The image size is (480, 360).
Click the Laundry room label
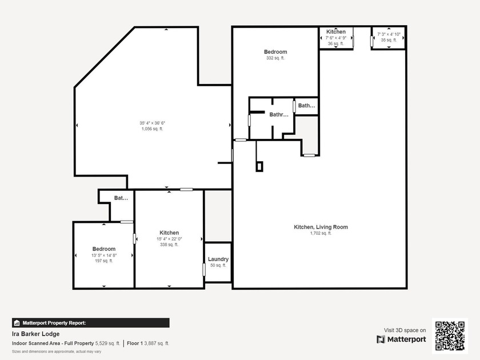(218, 259)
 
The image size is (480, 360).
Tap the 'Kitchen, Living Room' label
(321, 227)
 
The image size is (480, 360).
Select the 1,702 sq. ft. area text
(321, 233)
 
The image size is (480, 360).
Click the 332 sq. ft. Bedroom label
(275, 52)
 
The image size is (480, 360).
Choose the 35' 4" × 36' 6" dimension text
(152, 123)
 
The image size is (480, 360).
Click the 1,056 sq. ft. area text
(152, 129)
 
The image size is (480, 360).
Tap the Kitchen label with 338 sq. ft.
(169, 233)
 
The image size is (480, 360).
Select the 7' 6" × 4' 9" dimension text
(336, 38)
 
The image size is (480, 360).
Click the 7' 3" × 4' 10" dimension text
(389, 34)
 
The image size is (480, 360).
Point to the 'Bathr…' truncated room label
(279, 114)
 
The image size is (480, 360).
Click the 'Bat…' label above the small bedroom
(121, 198)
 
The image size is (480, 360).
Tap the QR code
(450, 335)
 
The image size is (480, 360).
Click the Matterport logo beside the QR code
(401, 339)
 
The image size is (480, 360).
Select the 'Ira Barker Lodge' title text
(35, 334)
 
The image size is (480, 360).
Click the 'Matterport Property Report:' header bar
(91, 323)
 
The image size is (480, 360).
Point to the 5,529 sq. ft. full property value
(110, 343)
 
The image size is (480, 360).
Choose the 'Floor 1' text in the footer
(135, 343)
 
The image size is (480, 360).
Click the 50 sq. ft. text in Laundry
(218, 266)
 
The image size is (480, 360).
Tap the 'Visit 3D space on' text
(405, 330)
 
